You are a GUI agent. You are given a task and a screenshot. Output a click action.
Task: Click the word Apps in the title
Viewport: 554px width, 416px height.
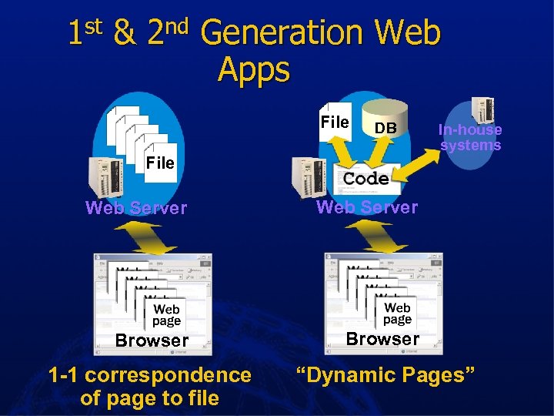point(254,69)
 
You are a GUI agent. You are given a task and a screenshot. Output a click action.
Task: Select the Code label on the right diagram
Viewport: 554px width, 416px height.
point(366,179)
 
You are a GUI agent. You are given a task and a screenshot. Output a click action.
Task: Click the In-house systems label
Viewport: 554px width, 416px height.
point(470,138)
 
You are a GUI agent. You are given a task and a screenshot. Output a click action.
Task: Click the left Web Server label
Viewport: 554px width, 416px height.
point(136,208)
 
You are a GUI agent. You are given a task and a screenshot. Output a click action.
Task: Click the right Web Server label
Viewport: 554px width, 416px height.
point(367,206)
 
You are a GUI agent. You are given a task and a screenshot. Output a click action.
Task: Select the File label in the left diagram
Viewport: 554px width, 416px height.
point(160,163)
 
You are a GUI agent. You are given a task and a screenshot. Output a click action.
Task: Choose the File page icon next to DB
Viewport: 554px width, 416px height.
point(335,122)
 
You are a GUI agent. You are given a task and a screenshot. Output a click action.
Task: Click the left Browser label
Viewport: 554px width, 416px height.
point(152,340)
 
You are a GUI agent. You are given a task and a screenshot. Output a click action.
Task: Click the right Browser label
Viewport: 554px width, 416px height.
point(382,338)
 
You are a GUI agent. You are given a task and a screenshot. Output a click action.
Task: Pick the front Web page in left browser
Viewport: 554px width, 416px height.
point(166,315)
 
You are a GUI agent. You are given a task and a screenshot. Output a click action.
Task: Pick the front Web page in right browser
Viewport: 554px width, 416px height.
point(397,314)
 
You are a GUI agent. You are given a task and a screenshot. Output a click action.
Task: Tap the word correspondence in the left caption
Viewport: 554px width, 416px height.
point(169,375)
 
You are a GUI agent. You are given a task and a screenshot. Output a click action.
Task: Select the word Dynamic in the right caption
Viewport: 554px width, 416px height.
point(349,375)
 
